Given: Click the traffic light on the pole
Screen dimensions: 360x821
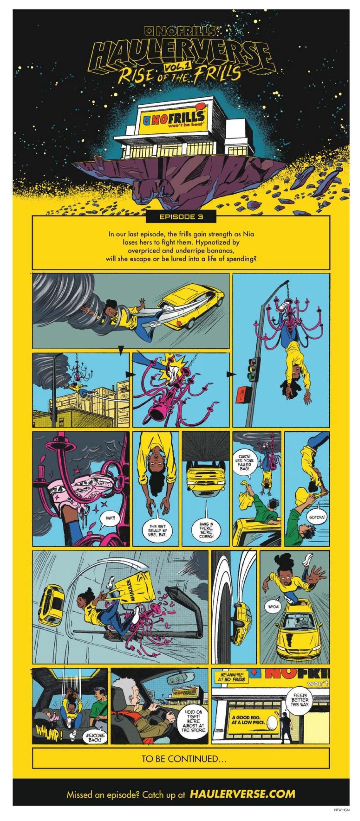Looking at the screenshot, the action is [254, 369].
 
